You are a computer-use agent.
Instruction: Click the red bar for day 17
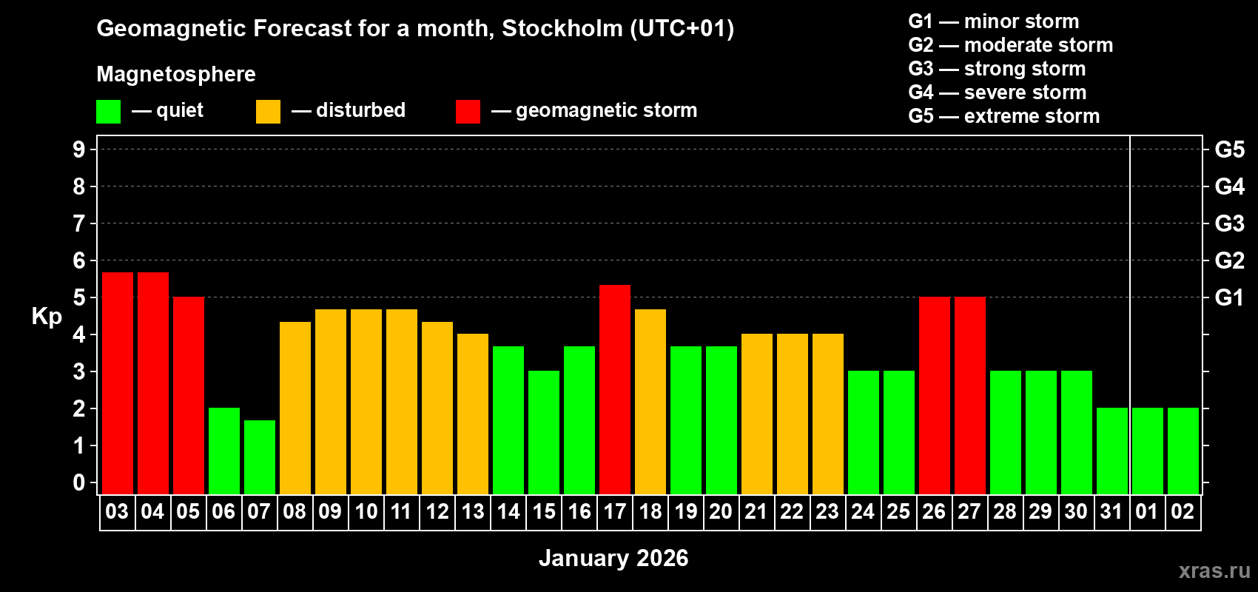pos(615,388)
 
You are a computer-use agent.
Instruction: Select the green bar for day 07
pos(260,457)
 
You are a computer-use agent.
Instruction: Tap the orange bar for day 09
pos(331,401)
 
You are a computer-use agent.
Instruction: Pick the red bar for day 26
pos(935,394)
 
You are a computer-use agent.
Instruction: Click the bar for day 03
pos(118,383)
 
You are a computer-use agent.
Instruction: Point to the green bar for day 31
pos(1112,450)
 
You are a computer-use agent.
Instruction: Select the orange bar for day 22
pos(793,413)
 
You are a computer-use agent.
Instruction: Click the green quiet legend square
pos(108,112)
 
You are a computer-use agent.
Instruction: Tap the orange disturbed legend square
pos(268,112)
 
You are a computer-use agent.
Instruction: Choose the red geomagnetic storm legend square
pos(468,112)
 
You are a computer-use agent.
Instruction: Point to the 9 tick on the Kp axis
pos(79,149)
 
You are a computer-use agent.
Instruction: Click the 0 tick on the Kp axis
pos(79,483)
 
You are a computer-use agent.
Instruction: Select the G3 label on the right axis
pos(1229,223)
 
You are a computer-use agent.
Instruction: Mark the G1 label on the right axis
pos(1229,297)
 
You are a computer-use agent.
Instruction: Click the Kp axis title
pos(47,317)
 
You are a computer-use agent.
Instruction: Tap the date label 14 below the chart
pos(508,511)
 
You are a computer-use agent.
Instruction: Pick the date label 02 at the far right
pos(1183,511)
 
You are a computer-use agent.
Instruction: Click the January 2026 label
pos(613,558)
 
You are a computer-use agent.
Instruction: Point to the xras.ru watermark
pos(1214,571)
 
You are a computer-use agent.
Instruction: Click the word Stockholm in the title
pos(562,29)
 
